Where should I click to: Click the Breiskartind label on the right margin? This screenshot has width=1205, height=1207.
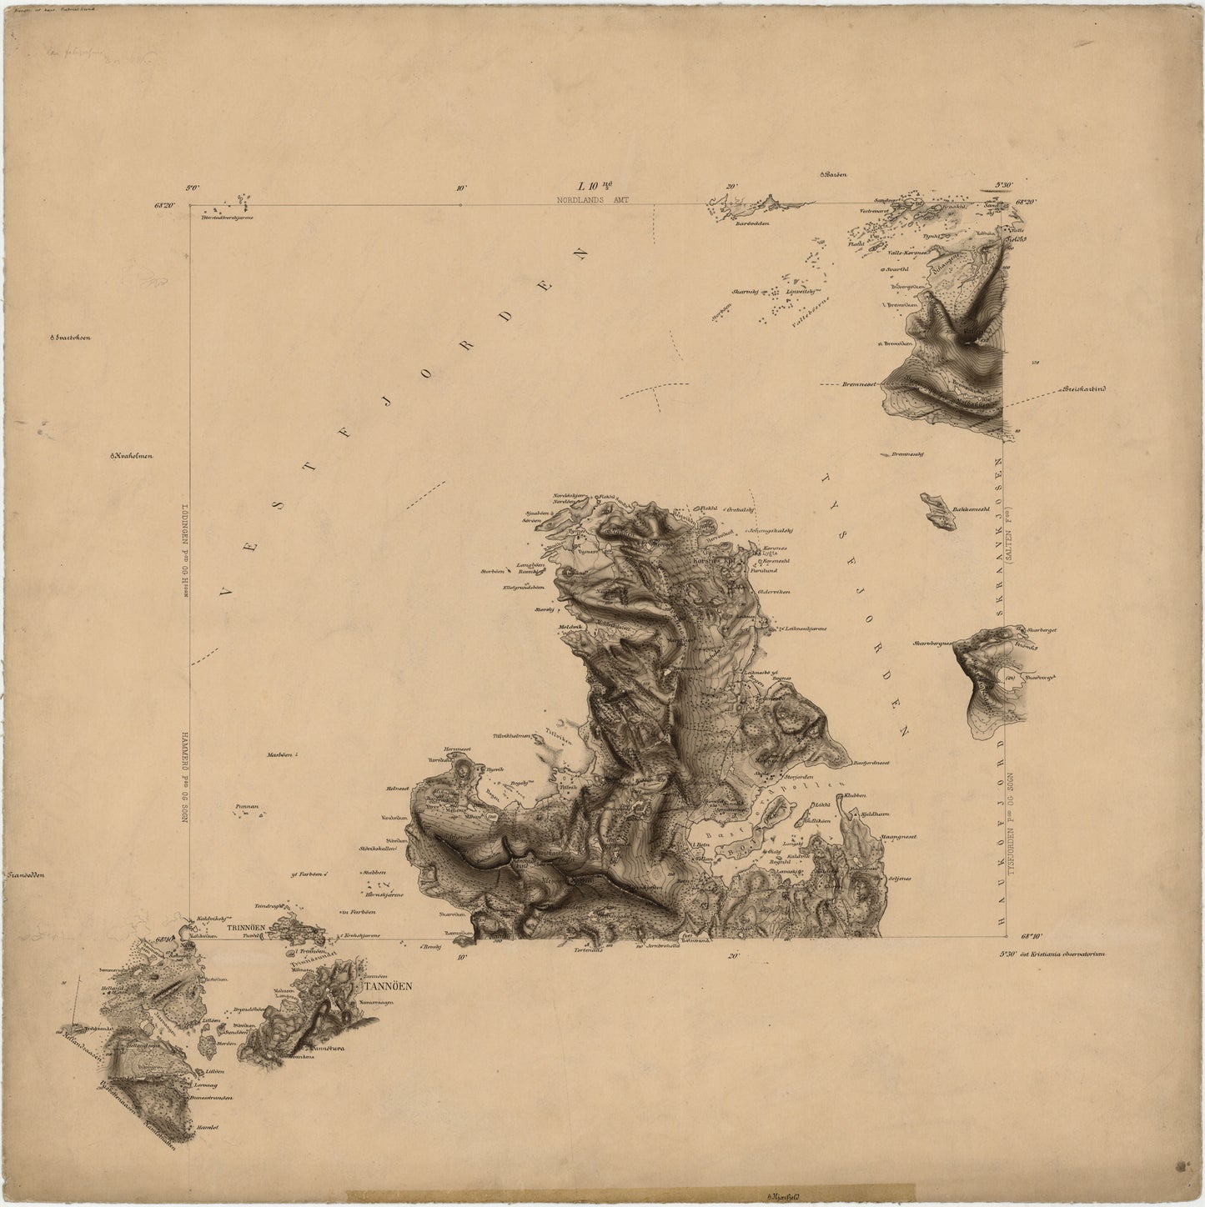click(1082, 389)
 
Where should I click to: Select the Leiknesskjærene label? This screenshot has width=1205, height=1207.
click(801, 629)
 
